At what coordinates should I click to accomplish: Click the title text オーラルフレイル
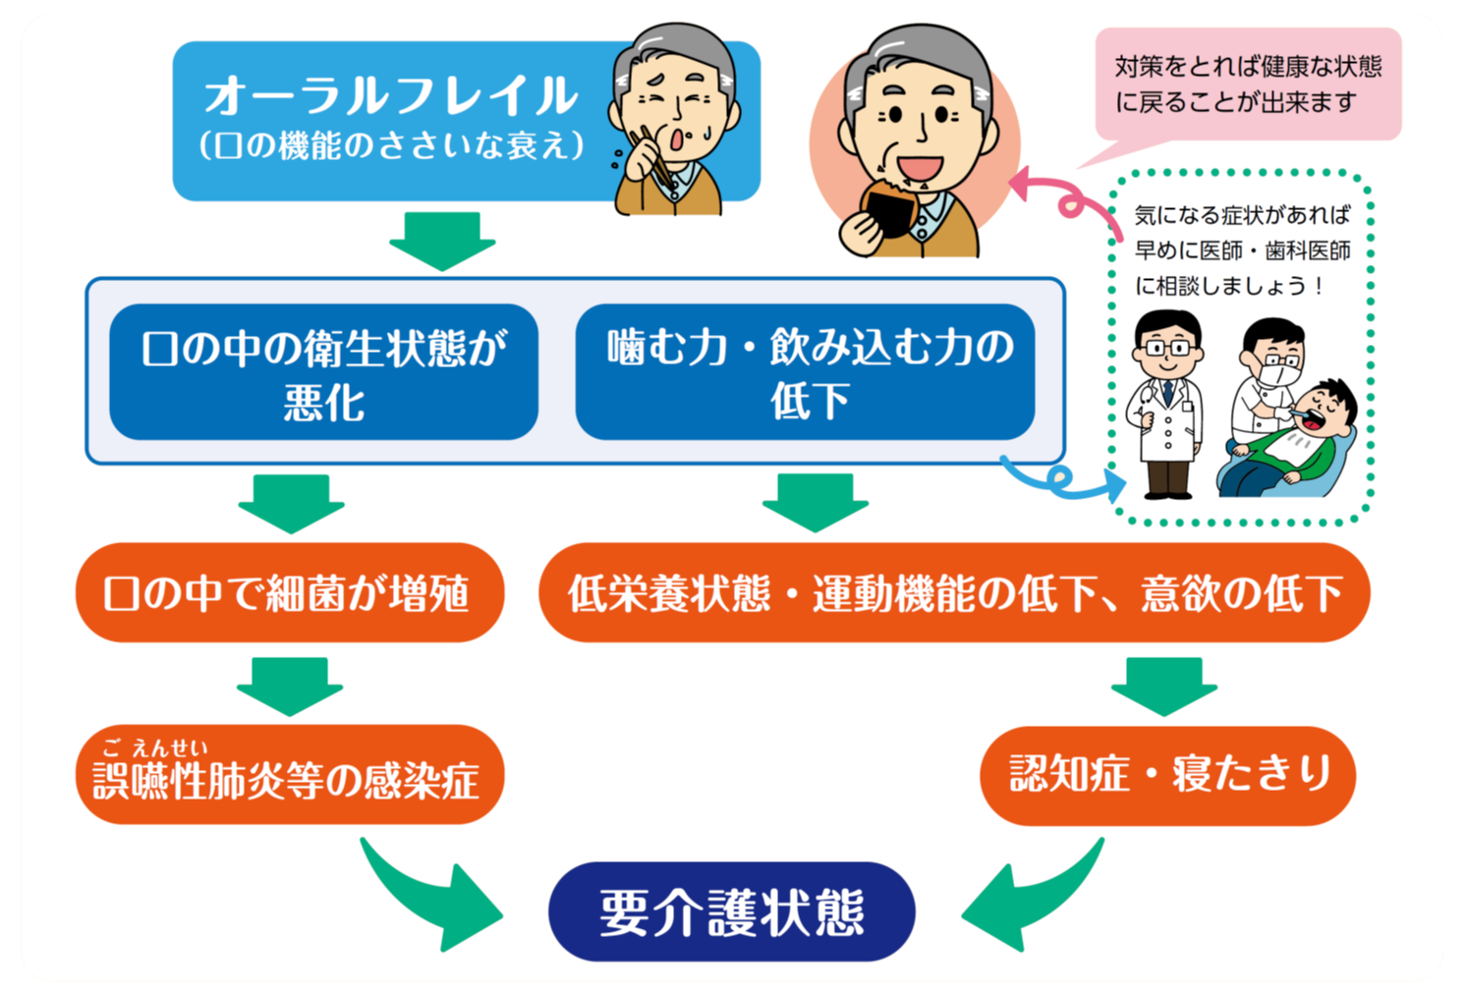(391, 96)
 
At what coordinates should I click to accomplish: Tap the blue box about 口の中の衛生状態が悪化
(323, 372)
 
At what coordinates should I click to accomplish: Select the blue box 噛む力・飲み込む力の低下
(805, 372)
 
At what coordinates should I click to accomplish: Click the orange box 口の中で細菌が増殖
(289, 593)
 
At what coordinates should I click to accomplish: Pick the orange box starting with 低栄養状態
(953, 593)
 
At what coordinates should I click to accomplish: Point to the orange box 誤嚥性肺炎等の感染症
(289, 777)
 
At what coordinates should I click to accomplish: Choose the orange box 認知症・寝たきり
(1167, 775)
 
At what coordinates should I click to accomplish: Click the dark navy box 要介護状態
(731, 911)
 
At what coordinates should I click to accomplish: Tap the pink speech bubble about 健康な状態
(1248, 84)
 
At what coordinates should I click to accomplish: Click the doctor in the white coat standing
(1167, 403)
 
